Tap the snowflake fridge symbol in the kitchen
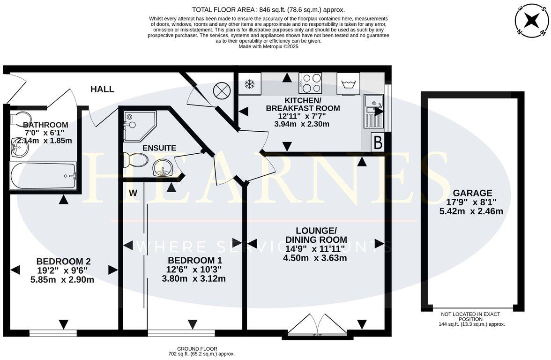point(250,84)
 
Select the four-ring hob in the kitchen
point(310,83)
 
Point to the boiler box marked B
point(378,142)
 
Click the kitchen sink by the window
point(373,111)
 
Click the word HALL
point(102,89)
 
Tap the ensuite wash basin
point(163,167)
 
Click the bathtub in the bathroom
point(43,176)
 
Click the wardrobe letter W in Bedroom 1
point(133,193)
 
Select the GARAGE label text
point(472,193)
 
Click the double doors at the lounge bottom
point(317,325)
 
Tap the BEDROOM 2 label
point(63,261)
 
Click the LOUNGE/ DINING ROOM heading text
point(316,235)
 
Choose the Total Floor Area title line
point(268,9)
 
